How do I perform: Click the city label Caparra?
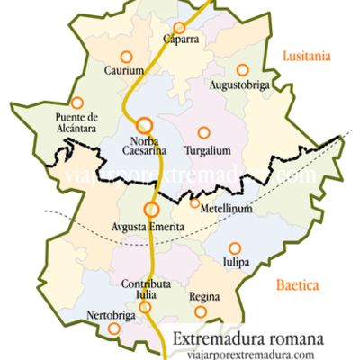point(181,40)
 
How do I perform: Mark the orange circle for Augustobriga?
point(241,69)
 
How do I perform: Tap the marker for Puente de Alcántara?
point(77,103)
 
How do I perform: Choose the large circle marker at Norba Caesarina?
point(144,125)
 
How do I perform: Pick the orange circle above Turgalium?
point(203,132)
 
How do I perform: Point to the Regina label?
point(204,297)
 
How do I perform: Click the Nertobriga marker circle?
point(113,328)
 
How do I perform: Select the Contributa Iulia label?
point(140,290)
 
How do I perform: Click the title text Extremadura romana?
point(248,340)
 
